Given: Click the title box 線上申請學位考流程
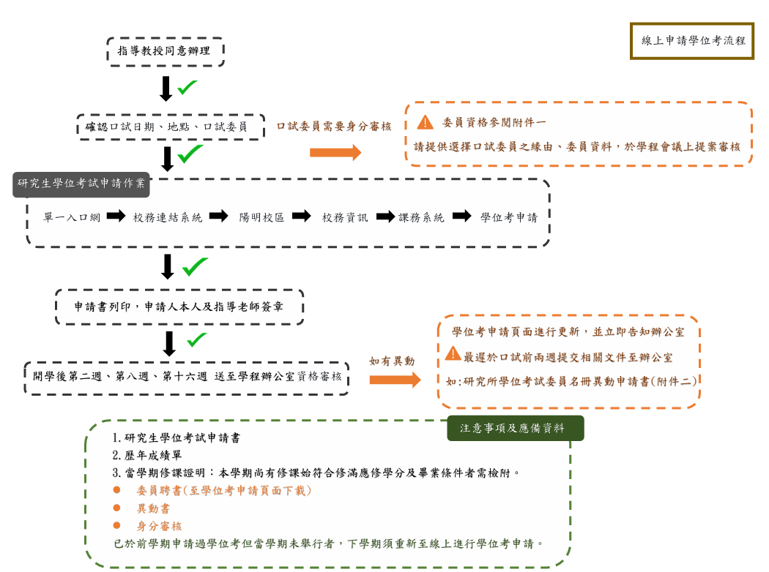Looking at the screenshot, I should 692,41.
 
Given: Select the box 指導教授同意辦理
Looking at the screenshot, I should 165,51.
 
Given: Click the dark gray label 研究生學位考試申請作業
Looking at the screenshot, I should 81,184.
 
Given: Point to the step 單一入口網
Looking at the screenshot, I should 71,217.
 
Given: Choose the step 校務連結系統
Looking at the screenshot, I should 168,217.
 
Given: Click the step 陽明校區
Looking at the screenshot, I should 261,217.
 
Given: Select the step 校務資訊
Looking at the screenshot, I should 345,217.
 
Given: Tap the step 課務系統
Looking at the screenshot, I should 421,217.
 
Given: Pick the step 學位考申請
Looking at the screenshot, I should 509,217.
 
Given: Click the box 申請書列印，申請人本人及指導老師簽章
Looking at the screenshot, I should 179,307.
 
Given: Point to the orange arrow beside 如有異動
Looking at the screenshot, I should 395,380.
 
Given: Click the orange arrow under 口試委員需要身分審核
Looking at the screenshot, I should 335,152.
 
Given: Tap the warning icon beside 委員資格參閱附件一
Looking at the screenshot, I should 425,122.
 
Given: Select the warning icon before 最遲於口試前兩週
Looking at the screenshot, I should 453,355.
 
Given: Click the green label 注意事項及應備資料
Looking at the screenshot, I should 515,429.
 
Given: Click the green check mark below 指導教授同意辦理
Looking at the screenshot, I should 187,87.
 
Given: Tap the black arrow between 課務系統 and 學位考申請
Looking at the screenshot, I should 461,217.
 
